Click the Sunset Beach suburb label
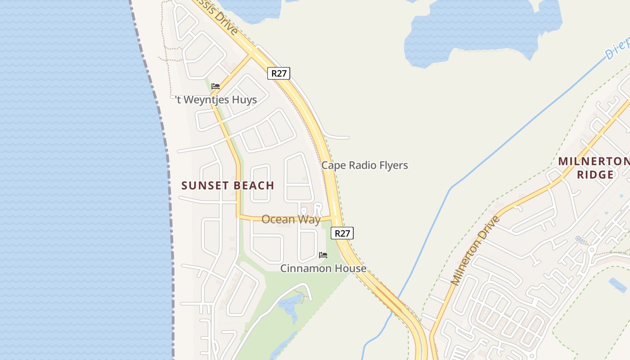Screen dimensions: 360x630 coord(228,185)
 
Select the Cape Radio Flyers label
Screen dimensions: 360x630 coord(364,165)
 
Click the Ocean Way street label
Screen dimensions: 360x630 coord(291,219)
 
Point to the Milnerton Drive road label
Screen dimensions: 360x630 coord(476,250)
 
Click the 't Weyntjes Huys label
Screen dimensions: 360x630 coord(216,99)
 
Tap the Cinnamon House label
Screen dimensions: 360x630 coord(323,268)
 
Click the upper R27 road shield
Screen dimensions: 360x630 coord(279,73)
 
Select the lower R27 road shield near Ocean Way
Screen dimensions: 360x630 coord(342,233)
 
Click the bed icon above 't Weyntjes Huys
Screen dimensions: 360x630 coord(216,86)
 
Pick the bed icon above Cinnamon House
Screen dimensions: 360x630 coord(323,255)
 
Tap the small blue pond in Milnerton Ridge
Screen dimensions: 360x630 coord(617,284)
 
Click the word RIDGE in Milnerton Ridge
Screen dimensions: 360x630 coord(595,175)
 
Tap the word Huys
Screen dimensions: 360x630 coord(243,99)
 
